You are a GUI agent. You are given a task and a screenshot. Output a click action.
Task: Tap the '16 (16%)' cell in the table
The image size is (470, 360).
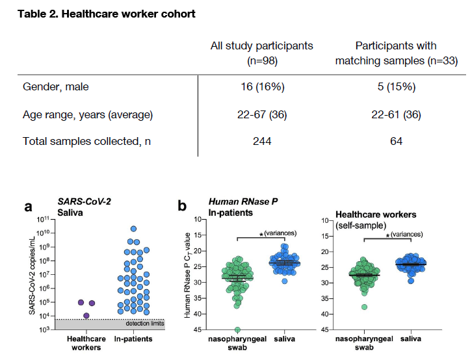click(x=261, y=87)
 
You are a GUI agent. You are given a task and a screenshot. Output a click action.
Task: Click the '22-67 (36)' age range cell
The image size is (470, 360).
click(x=261, y=115)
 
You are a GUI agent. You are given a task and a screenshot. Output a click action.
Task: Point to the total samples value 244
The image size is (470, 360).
click(x=261, y=141)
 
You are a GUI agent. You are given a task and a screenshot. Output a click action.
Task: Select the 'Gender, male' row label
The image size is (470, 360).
click(x=56, y=87)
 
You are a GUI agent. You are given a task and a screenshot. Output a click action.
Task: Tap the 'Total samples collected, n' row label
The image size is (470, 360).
click(x=83, y=141)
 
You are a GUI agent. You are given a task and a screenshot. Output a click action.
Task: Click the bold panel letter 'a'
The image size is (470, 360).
click(x=28, y=207)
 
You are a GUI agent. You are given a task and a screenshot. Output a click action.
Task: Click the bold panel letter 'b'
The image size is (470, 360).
click(x=183, y=207)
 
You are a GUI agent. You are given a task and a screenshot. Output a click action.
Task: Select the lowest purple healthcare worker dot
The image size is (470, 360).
click(x=86, y=316)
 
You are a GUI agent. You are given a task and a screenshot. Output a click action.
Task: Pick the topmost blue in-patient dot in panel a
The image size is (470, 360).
click(x=134, y=229)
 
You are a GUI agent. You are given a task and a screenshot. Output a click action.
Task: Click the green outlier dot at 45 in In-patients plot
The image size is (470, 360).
click(x=237, y=330)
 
